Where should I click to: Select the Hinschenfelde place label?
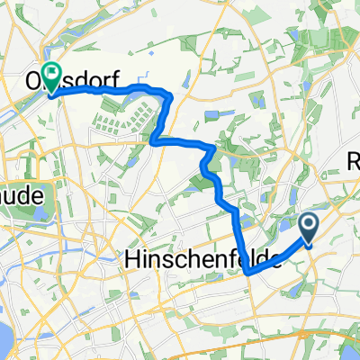201,260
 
